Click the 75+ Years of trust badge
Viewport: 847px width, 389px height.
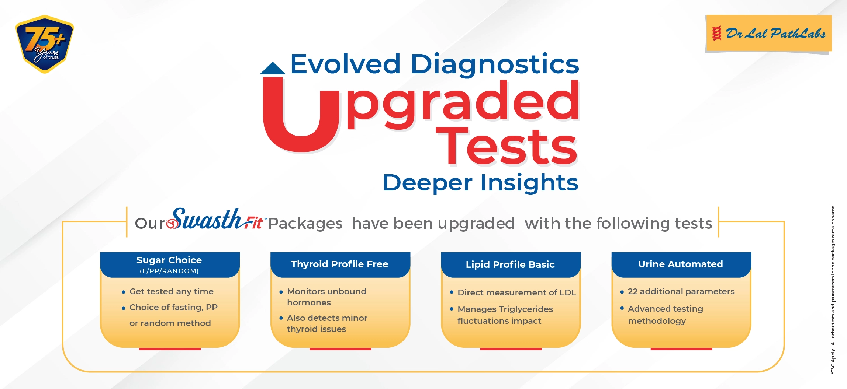pos(45,44)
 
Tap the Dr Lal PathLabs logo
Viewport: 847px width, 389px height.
pos(768,34)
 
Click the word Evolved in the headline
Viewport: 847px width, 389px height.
pos(345,64)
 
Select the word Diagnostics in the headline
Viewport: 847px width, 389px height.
pos(495,65)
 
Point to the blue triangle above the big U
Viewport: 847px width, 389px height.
pos(273,69)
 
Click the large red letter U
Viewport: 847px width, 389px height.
pos(300,114)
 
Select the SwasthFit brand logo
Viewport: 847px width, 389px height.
pos(215,220)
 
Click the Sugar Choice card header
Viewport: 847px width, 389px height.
pos(170,264)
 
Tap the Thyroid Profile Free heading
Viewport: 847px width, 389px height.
pos(340,264)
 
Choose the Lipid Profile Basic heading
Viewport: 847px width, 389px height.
pos(510,264)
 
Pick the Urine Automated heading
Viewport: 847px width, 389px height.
pos(681,264)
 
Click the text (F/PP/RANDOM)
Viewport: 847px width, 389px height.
pos(169,271)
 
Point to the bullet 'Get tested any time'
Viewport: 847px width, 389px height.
pos(168,291)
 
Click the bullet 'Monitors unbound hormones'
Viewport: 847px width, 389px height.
pos(323,297)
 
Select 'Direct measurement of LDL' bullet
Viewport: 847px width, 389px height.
pos(513,292)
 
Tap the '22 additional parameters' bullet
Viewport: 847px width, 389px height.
pos(678,291)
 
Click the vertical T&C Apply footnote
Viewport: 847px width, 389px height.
pos(833,290)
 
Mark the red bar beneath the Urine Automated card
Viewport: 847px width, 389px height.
pos(681,349)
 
